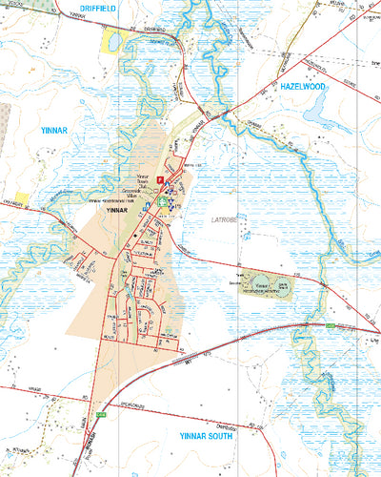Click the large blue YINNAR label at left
(54, 127)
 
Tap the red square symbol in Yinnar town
(161, 179)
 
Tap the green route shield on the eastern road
(330, 327)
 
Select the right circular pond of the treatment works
(284, 284)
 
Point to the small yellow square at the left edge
(21, 197)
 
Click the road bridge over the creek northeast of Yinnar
(225, 114)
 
